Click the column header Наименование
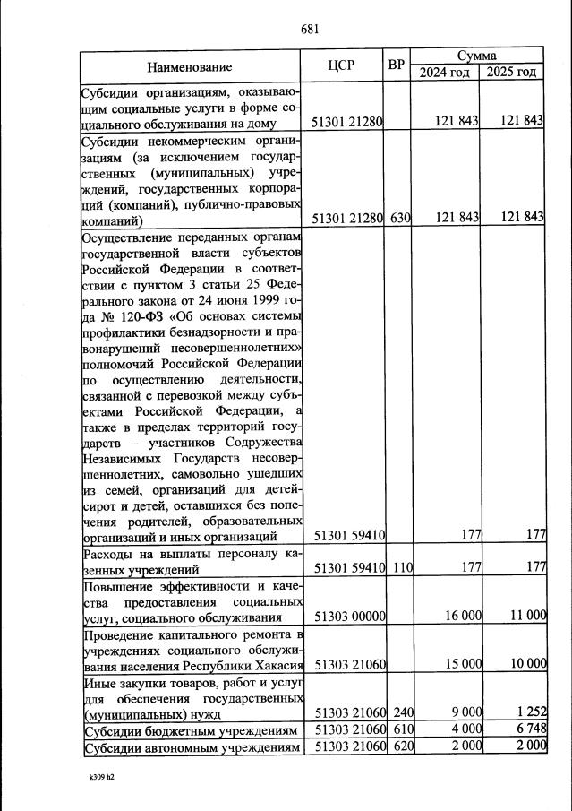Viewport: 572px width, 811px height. point(190,66)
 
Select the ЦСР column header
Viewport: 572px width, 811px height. point(343,65)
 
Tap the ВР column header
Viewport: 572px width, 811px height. point(397,65)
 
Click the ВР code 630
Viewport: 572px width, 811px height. point(399,217)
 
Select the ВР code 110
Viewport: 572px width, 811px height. point(399,567)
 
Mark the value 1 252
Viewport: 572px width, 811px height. point(530,713)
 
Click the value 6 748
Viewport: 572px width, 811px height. point(530,730)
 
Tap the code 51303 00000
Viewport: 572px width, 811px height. point(349,617)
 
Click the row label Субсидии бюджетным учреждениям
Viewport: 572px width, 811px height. point(190,730)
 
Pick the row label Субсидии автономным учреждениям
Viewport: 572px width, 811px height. point(190,747)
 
